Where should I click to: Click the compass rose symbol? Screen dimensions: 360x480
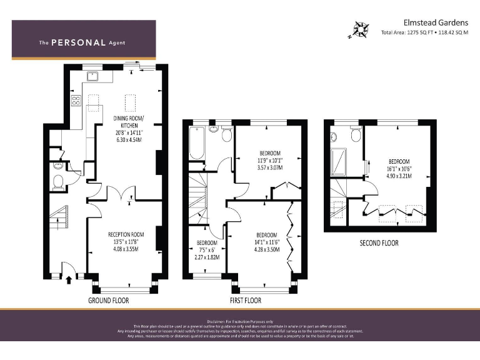tap(361, 30)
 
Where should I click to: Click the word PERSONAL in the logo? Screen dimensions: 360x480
tap(78, 43)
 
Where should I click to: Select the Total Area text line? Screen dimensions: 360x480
tap(424, 32)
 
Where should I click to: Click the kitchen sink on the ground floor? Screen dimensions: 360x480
tap(92, 77)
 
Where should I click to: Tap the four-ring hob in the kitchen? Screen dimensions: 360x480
tap(76, 100)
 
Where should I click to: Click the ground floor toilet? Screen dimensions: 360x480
tap(58, 182)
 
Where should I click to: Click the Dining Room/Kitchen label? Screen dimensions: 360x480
tap(129, 122)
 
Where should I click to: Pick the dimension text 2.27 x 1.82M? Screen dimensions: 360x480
tap(207, 257)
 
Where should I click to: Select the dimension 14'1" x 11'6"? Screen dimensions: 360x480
tap(266, 242)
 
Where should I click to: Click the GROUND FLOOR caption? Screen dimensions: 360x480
tap(107, 301)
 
